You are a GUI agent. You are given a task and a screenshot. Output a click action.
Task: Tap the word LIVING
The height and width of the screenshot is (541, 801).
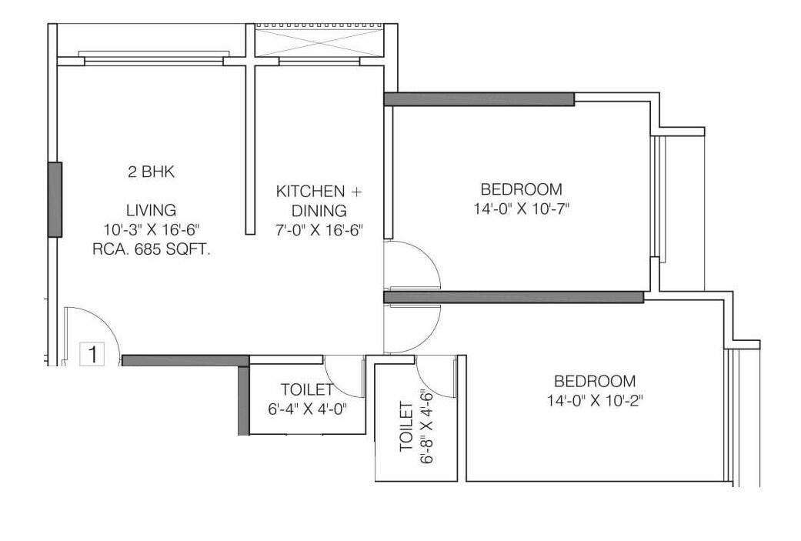click(x=152, y=209)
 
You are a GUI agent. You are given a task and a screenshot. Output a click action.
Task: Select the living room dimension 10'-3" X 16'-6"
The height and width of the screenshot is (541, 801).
click(x=152, y=229)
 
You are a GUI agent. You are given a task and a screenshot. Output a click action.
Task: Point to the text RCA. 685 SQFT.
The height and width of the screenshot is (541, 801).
click(x=152, y=249)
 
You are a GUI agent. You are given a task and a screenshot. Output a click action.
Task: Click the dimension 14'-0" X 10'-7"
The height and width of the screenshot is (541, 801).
click(x=521, y=208)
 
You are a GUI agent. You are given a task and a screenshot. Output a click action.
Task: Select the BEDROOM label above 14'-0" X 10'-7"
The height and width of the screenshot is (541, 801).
click(x=521, y=189)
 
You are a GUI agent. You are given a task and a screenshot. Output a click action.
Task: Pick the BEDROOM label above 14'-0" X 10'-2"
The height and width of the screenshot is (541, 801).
click(x=595, y=381)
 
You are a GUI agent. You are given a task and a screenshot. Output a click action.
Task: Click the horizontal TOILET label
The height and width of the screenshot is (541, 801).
click(x=307, y=389)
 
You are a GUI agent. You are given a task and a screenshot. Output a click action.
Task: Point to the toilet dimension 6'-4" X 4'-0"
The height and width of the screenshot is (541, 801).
click(x=307, y=409)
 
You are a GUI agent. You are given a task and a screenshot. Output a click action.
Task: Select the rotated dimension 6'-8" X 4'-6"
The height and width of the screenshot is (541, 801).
click(x=429, y=428)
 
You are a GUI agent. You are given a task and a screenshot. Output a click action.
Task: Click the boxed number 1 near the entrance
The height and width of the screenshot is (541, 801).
click(x=92, y=355)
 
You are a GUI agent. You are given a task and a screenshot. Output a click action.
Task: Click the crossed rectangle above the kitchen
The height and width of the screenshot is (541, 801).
click(x=319, y=39)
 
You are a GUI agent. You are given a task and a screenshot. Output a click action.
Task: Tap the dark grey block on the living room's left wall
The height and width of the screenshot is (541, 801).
click(x=55, y=199)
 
